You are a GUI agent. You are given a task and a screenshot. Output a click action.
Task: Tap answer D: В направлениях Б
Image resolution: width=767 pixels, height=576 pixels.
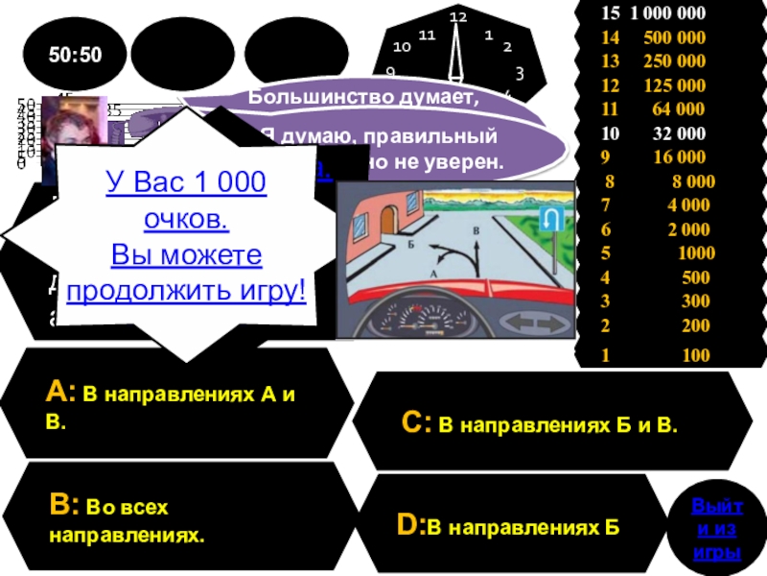tap(508, 526)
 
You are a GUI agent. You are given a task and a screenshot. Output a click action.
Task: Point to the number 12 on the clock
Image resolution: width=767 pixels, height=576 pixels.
tap(458, 17)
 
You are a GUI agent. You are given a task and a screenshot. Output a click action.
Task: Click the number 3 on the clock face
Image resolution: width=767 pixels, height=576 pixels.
tap(519, 73)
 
